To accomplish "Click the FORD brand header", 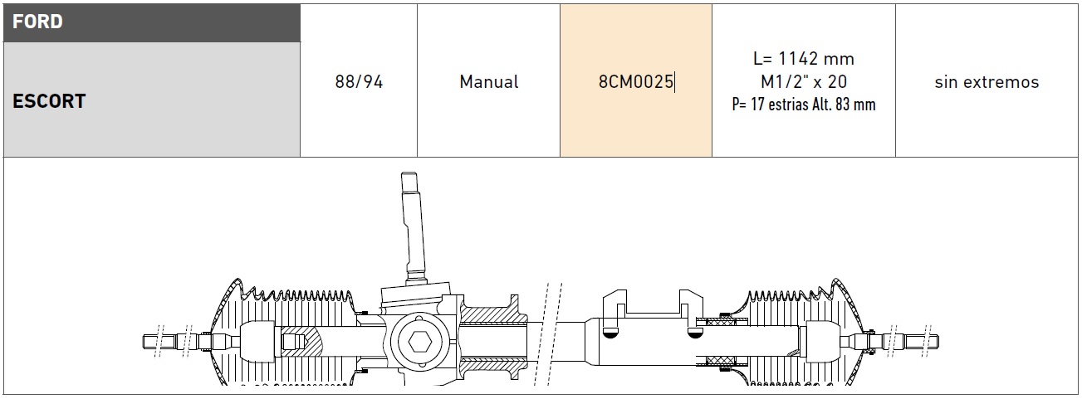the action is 37,22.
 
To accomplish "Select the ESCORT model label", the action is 49,101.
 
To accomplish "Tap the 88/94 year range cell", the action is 359,81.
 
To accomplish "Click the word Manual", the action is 489,81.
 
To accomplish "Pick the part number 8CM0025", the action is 636,81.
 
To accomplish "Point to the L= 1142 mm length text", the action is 804,59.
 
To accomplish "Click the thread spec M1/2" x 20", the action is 804,81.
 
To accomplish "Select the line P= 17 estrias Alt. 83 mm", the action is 804,105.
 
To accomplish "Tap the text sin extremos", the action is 987,82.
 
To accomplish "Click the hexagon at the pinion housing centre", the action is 419,342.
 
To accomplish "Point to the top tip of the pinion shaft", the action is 409,173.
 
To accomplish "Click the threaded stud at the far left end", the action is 159,342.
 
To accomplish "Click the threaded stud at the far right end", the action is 922,342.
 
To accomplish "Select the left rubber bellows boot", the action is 285,333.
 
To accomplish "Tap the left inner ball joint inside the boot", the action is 257,342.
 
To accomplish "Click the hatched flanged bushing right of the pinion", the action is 492,338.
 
